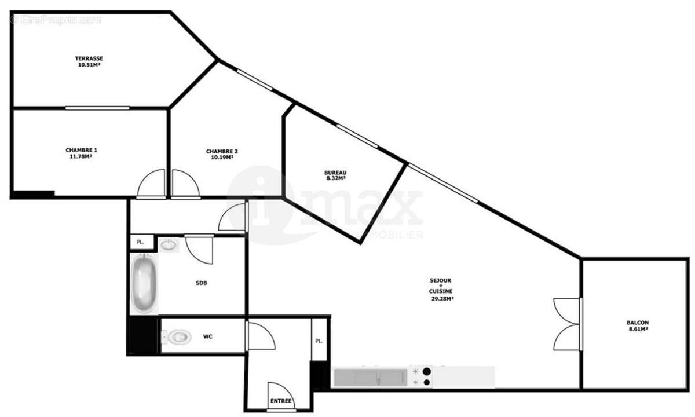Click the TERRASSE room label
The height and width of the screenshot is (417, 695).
point(89,58)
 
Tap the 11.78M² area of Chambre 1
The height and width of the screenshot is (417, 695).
point(81,156)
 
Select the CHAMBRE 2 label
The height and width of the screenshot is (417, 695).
point(222,151)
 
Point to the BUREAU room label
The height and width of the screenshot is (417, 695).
point(335,173)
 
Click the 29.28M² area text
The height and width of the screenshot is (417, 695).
point(441,299)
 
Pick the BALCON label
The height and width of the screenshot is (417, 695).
point(637,323)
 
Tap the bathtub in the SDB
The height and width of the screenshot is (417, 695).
point(143,284)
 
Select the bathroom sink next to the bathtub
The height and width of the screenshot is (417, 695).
point(169,245)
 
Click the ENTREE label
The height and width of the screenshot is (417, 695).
point(281,401)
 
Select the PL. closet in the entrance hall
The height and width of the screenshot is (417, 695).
point(319,341)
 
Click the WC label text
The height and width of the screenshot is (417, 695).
point(207,336)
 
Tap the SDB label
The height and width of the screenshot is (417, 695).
point(202,283)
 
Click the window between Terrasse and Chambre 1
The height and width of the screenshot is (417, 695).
point(97,108)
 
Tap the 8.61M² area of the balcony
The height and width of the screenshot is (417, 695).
point(637,329)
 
